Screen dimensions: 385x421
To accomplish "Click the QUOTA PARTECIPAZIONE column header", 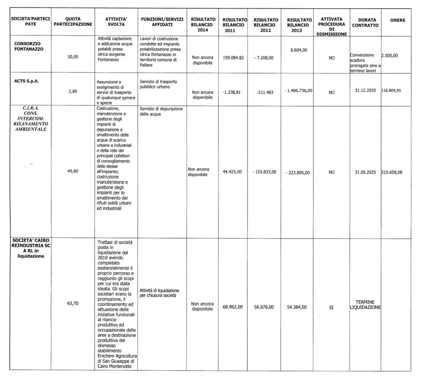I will click(x=73, y=22).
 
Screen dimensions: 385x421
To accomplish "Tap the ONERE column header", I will click(x=398, y=20).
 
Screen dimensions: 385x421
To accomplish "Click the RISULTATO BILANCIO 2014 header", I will click(x=203, y=24).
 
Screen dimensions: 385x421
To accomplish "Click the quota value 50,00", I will click(x=73, y=58).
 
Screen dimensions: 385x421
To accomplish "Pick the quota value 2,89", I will click(x=73, y=92).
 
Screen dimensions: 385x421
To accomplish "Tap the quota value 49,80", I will click(x=73, y=172).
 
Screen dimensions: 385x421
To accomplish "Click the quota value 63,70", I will click(x=73, y=303).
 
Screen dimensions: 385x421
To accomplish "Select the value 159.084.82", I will click(x=233, y=58).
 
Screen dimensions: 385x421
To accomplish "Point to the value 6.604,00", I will click(x=299, y=50).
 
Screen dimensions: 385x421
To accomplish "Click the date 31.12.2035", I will click(x=365, y=90).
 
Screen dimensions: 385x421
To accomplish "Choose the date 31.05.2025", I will click(x=365, y=172).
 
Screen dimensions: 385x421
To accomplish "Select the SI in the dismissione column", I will click(x=331, y=307).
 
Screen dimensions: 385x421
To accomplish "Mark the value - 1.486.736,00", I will click(x=299, y=90).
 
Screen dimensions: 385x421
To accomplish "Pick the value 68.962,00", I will click(x=233, y=307).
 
